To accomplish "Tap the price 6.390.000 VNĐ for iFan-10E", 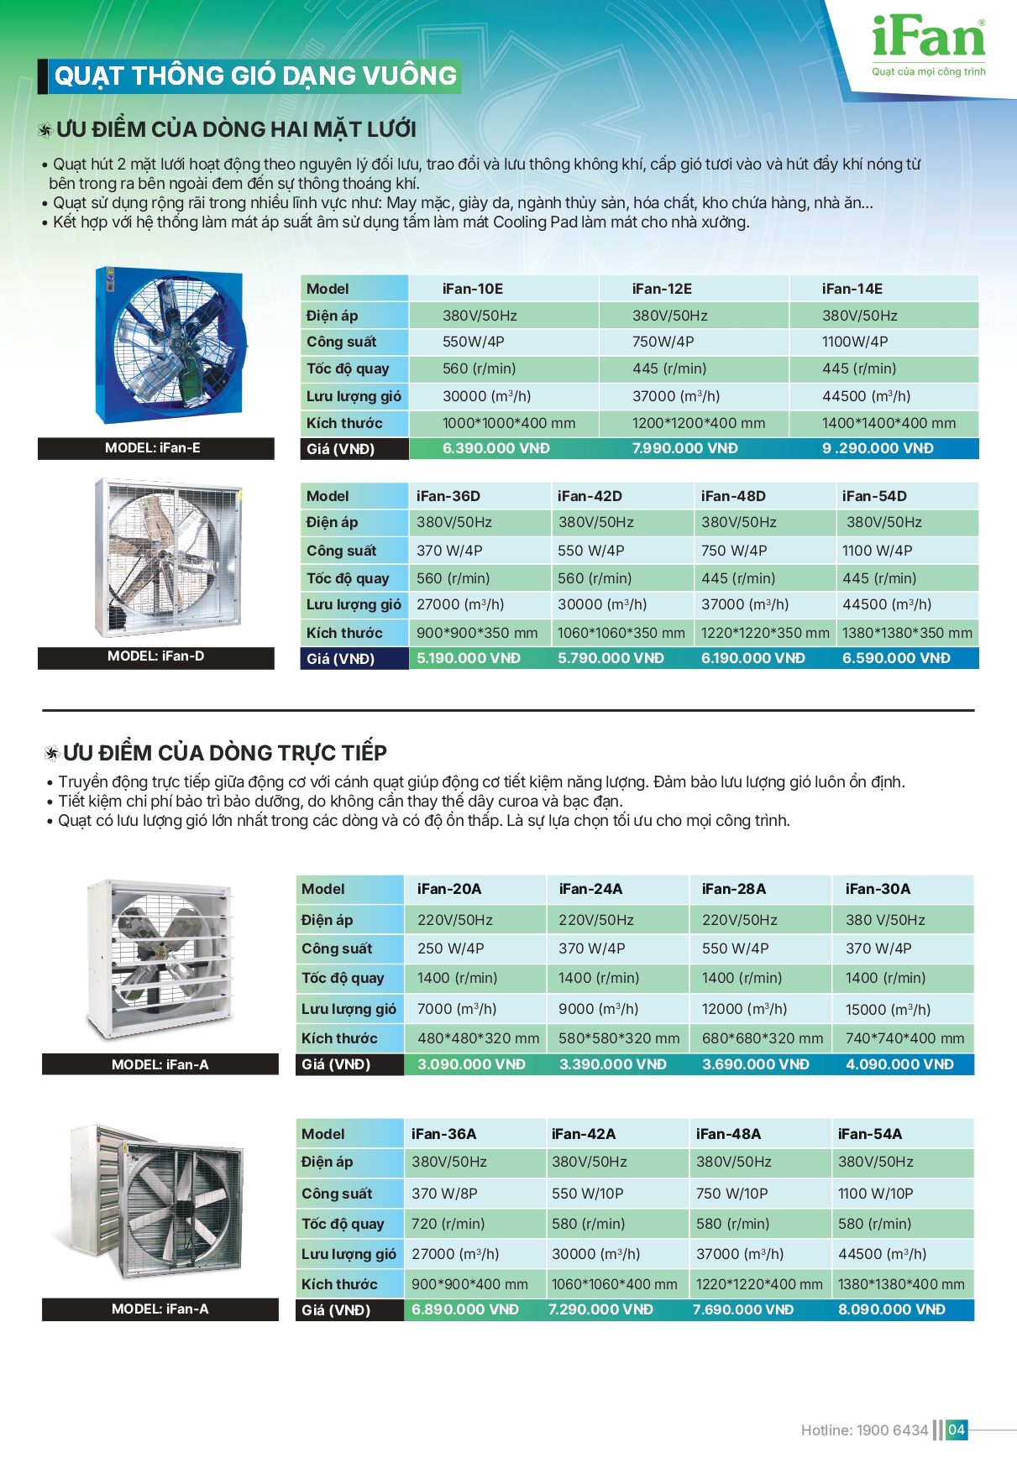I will click(495, 449).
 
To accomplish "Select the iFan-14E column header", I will click(852, 289).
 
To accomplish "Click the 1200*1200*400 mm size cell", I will click(698, 423).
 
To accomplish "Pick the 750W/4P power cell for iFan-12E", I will click(663, 342).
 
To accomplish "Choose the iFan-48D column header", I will click(733, 496).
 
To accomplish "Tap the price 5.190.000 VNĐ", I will click(468, 659).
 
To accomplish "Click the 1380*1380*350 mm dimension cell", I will click(907, 633).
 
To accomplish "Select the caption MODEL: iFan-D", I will click(155, 656).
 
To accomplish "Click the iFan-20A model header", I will click(449, 889).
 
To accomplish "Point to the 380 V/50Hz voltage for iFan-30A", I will click(885, 920).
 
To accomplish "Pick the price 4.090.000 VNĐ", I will click(899, 1064).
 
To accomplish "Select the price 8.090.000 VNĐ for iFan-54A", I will click(891, 1309).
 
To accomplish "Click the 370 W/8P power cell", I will click(444, 1194).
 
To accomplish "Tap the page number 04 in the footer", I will click(957, 1429).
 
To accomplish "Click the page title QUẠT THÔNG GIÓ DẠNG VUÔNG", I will click(254, 76).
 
